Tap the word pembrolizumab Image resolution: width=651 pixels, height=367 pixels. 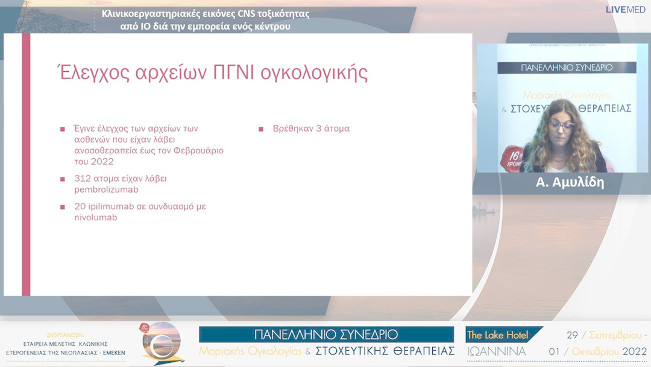(x=103, y=190)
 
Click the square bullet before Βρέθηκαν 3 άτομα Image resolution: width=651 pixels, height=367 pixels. (x=261, y=129)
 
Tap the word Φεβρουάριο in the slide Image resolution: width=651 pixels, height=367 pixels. (x=193, y=150)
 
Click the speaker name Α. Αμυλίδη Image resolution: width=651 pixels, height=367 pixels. (x=570, y=182)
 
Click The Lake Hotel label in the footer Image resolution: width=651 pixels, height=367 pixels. (x=498, y=335)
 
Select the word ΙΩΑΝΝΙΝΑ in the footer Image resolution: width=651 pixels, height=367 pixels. (x=497, y=351)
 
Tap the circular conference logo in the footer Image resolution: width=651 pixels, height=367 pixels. (x=165, y=343)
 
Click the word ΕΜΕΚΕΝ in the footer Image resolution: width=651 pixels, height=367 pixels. (x=114, y=351)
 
